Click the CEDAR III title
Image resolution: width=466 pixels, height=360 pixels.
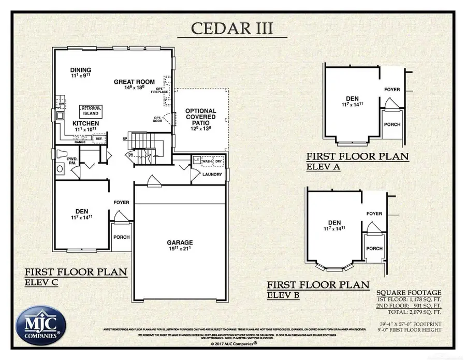coord(232,28)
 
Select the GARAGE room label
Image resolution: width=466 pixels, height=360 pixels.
coord(180,242)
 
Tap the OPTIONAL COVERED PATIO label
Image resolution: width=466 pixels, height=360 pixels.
coord(200,118)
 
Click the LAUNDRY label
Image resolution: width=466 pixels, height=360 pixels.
coord(212,174)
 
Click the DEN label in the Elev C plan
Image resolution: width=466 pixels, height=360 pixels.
coord(81,211)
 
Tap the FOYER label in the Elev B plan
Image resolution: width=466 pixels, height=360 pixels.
coord(373,213)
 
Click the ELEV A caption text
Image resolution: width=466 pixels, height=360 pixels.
coord(323,166)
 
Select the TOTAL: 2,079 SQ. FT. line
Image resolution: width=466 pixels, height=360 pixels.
coord(413,312)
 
